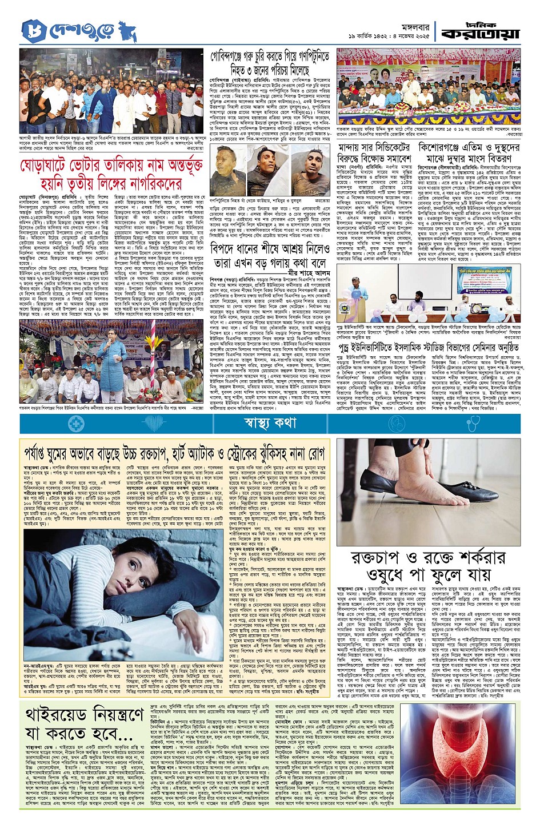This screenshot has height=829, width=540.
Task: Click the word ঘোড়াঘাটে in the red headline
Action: point(50,168)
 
